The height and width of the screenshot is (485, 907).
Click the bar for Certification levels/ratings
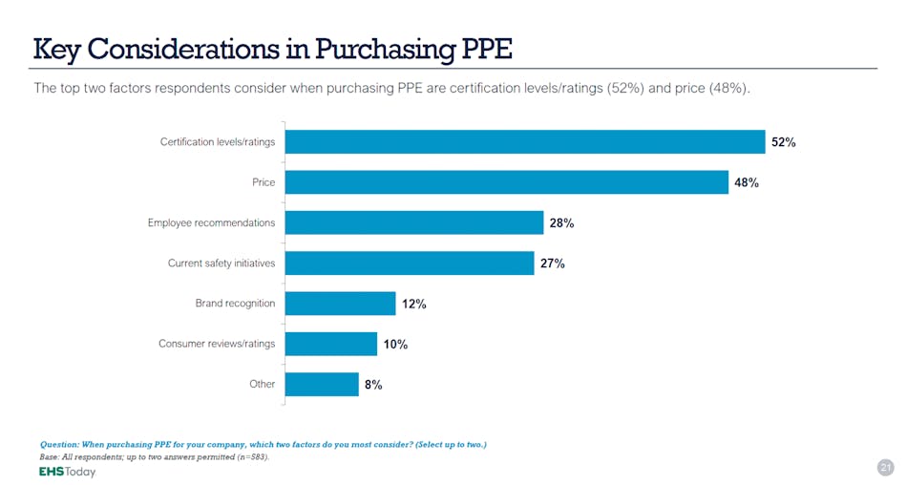click(x=525, y=141)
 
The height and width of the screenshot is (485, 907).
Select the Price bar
click(x=507, y=182)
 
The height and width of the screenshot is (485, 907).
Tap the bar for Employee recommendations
click(x=414, y=222)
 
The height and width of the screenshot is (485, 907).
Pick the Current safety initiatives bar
click(x=410, y=264)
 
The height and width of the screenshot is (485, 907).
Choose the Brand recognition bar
click(x=340, y=304)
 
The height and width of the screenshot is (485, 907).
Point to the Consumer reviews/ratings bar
click(x=331, y=344)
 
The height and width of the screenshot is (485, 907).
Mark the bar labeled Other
click(x=322, y=384)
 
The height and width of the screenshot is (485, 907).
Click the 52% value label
click(x=783, y=142)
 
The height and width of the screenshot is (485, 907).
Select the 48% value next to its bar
click(x=747, y=182)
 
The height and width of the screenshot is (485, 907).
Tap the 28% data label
click(x=561, y=223)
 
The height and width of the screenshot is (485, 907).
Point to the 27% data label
click(x=552, y=264)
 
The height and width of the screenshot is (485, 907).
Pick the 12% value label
click(x=413, y=304)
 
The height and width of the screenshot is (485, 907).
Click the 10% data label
click(x=395, y=345)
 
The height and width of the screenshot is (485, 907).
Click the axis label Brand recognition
click(x=235, y=304)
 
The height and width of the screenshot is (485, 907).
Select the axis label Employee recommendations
click(x=211, y=222)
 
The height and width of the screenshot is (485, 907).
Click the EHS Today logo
click(x=67, y=472)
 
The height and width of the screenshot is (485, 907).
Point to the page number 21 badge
click(x=884, y=467)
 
